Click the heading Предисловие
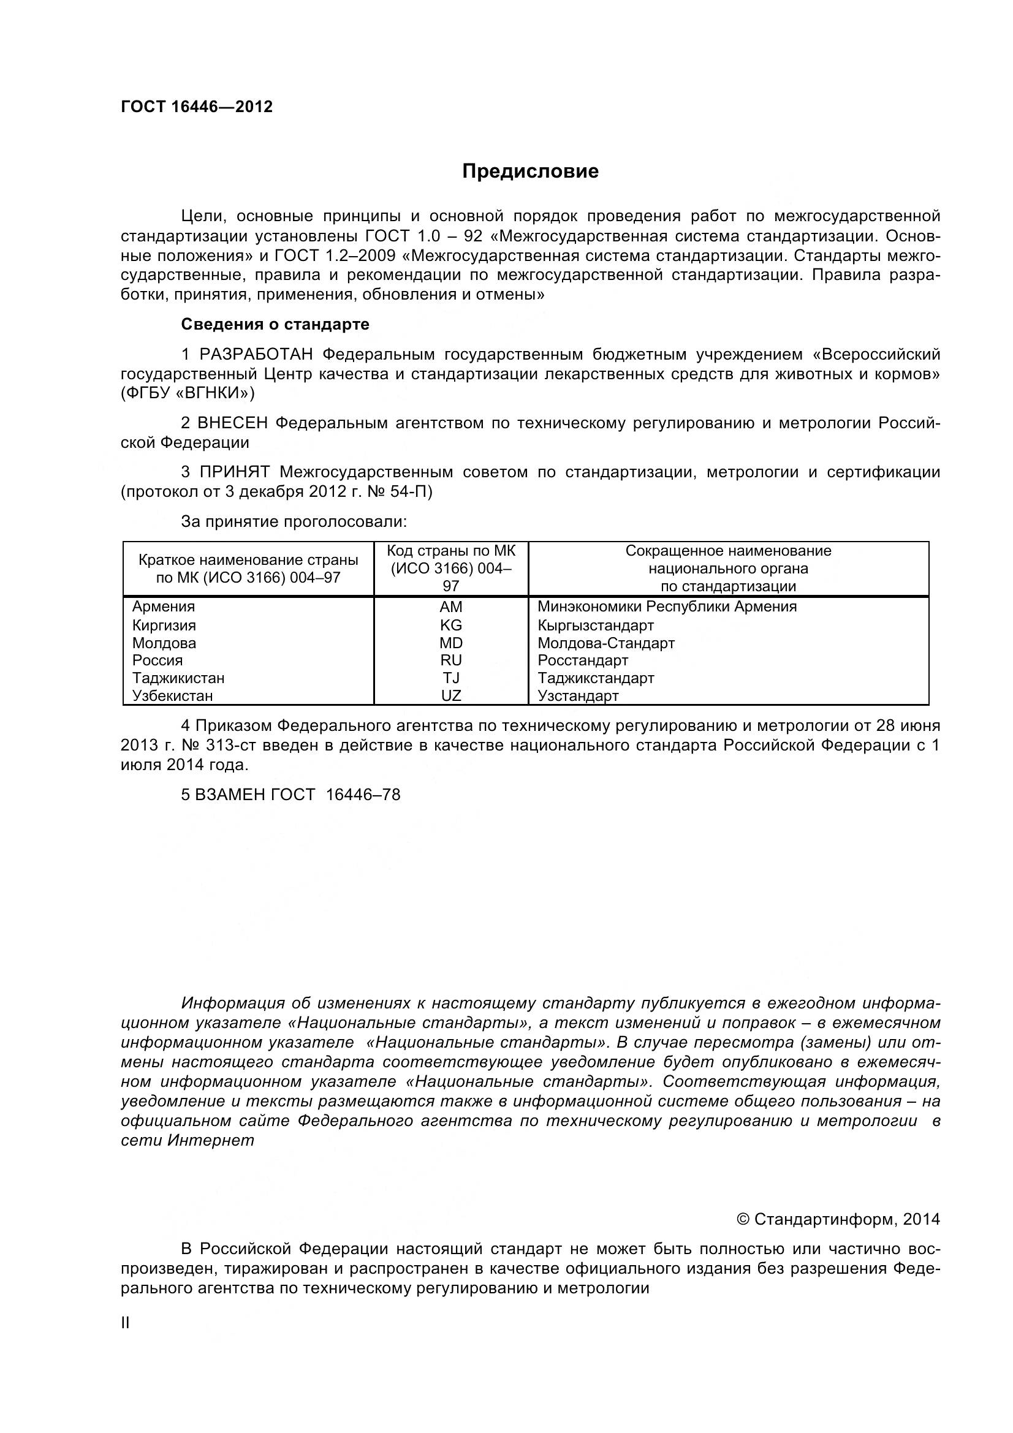click(530, 172)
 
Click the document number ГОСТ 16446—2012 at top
click(197, 107)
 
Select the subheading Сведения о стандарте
click(275, 325)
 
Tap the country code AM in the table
click(450, 607)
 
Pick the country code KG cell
click(450, 626)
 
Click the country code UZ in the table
click(450, 695)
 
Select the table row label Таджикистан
click(178, 678)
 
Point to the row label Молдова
click(164, 643)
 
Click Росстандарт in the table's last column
click(582, 660)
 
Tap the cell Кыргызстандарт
click(596, 626)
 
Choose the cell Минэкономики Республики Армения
click(667, 607)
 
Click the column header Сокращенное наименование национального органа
click(728, 569)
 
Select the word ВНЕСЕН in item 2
click(233, 423)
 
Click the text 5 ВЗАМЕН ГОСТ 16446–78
click(290, 795)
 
